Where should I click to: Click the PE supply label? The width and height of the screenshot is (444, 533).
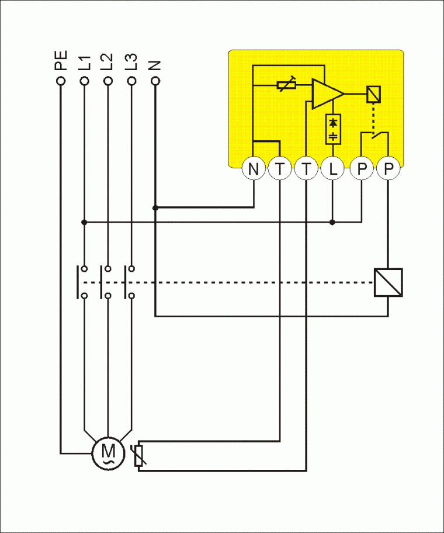coord(61,61)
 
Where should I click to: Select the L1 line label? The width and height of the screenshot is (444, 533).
coord(84,63)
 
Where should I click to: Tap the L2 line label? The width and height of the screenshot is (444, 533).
coord(107,63)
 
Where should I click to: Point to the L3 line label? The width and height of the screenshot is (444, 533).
coord(131,63)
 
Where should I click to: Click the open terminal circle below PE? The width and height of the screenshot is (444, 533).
coord(60,81)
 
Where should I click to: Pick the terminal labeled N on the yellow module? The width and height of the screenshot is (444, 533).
coord(254,169)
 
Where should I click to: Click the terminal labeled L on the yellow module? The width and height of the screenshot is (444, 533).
coord(333,169)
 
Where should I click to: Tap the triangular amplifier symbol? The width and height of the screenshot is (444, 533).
coord(326,94)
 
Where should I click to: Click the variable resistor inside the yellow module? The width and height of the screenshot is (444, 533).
coord(286,85)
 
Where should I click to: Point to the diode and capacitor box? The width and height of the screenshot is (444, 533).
coord(333,129)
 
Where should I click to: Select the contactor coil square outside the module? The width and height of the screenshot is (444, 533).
coord(388,283)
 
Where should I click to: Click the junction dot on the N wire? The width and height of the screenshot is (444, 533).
coord(155,207)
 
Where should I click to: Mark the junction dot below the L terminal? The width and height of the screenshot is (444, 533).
coord(332,222)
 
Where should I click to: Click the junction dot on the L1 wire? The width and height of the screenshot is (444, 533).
coord(84,222)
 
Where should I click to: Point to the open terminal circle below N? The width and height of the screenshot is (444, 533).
coord(155,81)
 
